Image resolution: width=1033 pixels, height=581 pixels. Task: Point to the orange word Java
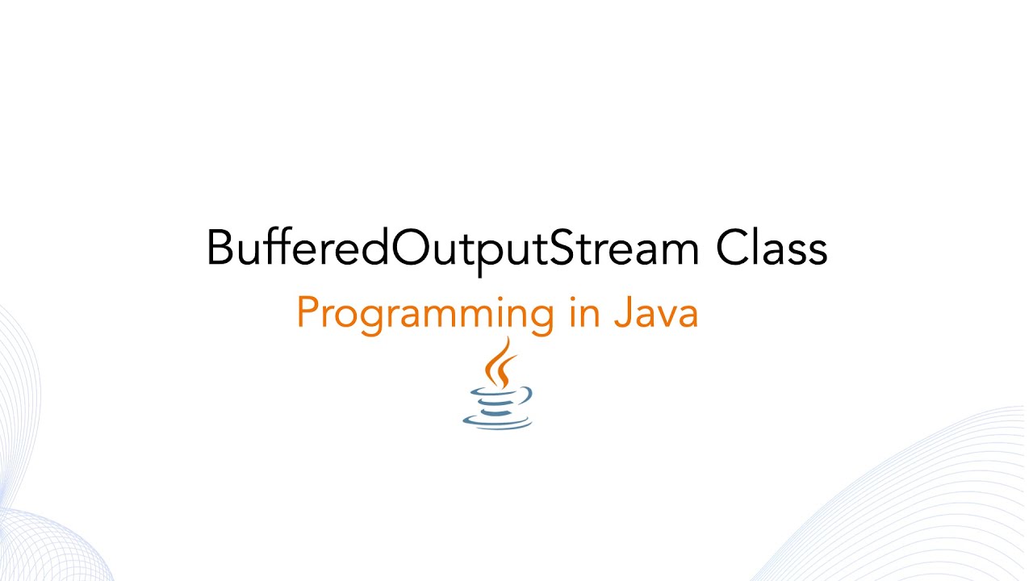(655, 312)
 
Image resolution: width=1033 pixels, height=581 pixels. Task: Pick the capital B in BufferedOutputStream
(220, 249)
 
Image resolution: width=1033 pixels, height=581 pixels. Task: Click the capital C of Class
(734, 249)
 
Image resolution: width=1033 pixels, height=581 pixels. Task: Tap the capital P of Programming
(307, 312)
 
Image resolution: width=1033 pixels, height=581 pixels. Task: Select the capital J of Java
(621, 312)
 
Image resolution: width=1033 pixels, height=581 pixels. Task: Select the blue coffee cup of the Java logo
(496, 408)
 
